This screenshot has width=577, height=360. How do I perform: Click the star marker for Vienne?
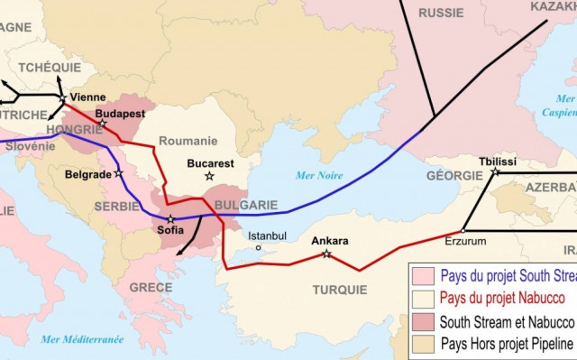tap(61, 97)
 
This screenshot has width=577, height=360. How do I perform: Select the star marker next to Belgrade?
tap(118, 173)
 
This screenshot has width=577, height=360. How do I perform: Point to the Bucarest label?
tap(210, 163)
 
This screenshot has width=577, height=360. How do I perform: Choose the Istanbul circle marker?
tap(258, 247)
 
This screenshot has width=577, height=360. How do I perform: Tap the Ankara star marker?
tap(326, 254)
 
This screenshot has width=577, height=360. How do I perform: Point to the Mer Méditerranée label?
tap(82, 339)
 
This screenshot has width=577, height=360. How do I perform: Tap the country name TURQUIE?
tap(339, 290)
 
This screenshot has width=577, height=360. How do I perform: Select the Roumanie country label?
tap(188, 141)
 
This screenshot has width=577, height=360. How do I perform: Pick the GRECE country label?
tap(150, 287)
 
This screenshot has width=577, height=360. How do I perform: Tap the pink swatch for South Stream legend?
tap(421, 275)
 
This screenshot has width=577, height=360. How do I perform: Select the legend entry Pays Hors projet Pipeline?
tap(506, 344)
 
